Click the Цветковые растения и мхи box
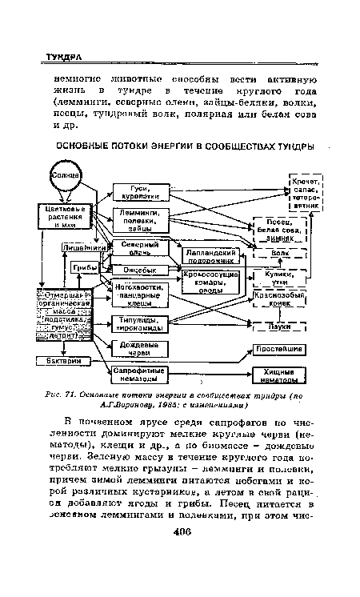[67, 215]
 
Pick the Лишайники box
[67, 248]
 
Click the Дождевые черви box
[138, 349]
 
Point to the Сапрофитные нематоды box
[138, 375]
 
